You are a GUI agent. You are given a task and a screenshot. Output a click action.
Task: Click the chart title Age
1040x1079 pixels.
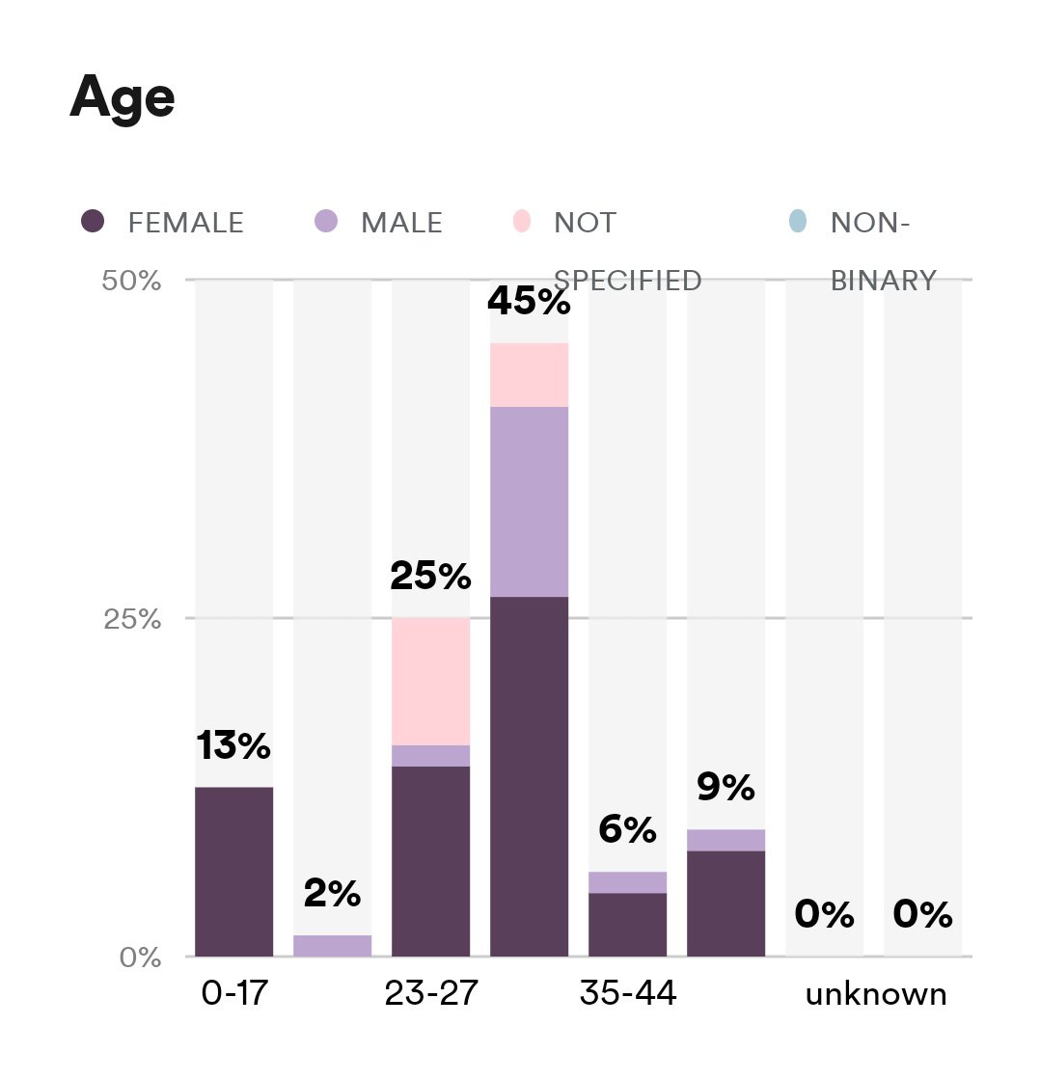[122, 97]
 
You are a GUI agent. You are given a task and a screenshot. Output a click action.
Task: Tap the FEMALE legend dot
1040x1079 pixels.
[93, 221]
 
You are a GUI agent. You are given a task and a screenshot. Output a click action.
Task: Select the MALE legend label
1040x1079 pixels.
[401, 223]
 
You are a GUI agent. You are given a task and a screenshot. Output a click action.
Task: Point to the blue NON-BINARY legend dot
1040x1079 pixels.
[796, 221]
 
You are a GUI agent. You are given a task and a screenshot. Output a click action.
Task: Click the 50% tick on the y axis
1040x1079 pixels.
[131, 281]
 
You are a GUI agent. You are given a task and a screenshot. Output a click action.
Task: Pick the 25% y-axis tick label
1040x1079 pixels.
[131, 618]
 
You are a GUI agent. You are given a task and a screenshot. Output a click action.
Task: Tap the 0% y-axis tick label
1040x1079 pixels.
[140, 957]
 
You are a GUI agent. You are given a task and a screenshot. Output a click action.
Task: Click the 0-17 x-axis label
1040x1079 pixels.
[233, 993]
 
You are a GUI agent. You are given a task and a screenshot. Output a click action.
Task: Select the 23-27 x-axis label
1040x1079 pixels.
[430, 993]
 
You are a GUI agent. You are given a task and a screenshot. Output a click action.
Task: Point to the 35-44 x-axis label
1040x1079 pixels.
[627, 993]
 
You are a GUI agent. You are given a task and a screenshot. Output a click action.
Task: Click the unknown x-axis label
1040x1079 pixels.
[876, 994]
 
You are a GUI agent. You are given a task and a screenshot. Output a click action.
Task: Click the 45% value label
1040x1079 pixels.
[529, 302]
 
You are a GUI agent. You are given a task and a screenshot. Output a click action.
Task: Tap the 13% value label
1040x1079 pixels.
[233, 745]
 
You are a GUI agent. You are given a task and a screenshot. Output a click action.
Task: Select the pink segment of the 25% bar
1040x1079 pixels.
[430, 681]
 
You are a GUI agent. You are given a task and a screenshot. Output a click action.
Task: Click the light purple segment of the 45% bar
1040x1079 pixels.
[529, 501]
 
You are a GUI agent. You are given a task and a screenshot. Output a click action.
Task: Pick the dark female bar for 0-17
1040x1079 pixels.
[233, 872]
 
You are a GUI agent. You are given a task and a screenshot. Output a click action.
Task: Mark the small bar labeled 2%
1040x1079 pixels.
[332, 945]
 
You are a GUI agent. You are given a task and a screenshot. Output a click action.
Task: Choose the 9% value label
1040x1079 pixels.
[725, 789]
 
